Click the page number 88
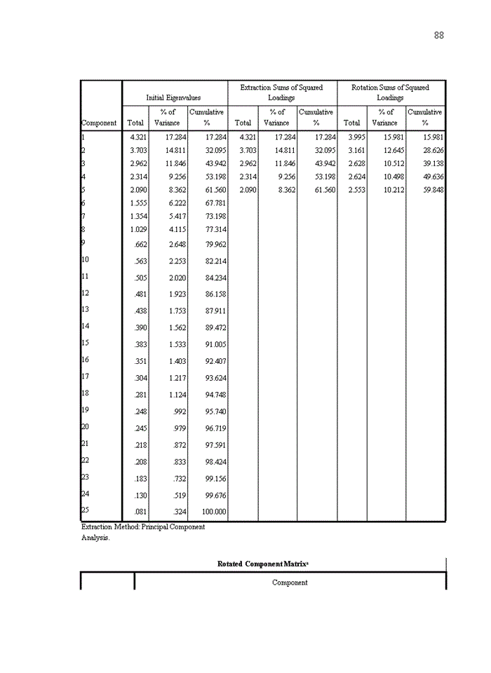pyautogui.click(x=438, y=36)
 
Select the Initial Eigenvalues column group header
pyautogui.click(x=173, y=98)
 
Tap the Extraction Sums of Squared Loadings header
pyautogui.click(x=281, y=93)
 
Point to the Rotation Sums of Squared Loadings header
pyautogui.click(x=390, y=93)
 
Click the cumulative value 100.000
pyautogui.click(x=213, y=512)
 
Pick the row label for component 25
pyautogui.click(x=85, y=510)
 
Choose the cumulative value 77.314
pyautogui.click(x=215, y=230)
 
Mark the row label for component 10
pyautogui.click(x=85, y=259)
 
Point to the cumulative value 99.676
pyautogui.click(x=215, y=496)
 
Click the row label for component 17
pyautogui.click(x=85, y=376)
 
